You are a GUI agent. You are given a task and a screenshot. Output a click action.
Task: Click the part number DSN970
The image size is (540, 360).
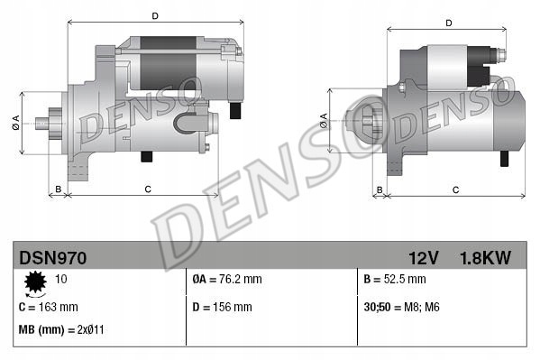(x=53, y=258)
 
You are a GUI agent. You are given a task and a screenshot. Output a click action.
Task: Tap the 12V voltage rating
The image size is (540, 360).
(x=422, y=258)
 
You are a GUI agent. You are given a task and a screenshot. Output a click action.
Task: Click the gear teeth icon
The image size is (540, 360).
(x=36, y=283)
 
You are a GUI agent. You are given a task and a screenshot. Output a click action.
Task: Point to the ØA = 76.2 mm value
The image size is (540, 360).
(x=227, y=280)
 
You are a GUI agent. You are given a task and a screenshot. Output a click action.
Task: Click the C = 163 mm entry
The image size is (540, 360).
(x=49, y=307)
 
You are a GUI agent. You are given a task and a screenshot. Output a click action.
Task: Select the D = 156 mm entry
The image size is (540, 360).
(x=223, y=307)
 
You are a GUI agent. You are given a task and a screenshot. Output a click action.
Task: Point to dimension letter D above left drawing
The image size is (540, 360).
(x=156, y=16)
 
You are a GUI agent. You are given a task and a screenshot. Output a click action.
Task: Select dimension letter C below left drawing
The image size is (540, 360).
(x=146, y=189)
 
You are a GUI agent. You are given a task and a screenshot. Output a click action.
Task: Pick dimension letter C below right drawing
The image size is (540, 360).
(x=455, y=189)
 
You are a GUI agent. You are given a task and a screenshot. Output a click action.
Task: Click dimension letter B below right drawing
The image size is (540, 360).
(x=379, y=189)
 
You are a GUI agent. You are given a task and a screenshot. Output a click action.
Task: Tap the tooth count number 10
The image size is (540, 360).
(x=61, y=280)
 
